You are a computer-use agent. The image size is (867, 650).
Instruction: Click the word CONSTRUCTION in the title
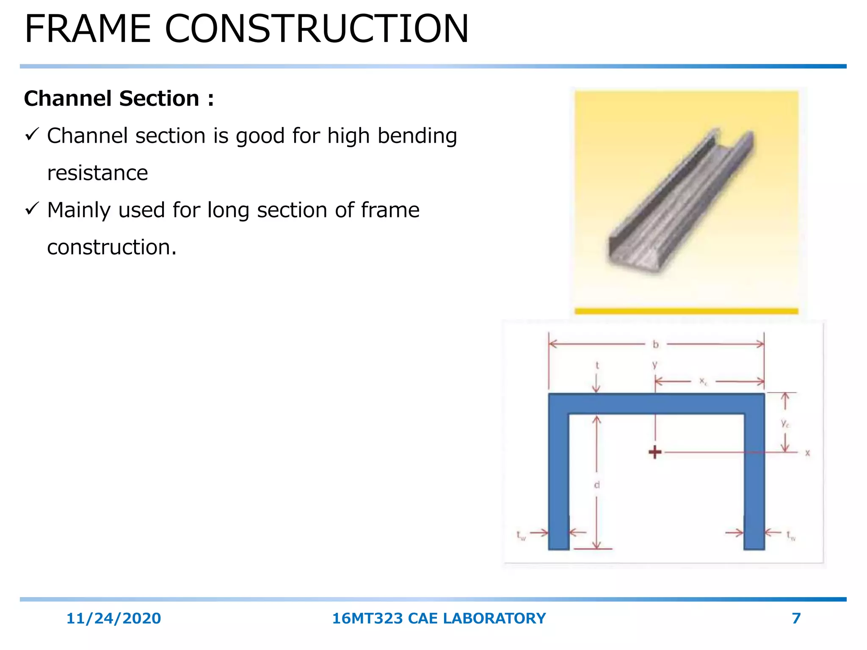(x=317, y=29)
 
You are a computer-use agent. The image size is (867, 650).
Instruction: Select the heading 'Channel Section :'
(x=119, y=99)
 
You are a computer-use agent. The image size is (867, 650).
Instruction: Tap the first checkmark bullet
(x=32, y=135)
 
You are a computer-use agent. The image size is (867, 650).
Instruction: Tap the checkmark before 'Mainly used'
(x=32, y=209)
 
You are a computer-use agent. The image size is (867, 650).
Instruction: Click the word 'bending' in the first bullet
(x=417, y=136)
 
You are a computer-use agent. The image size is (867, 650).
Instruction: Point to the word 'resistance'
(x=97, y=173)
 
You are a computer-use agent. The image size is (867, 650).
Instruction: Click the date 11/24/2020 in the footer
(x=113, y=619)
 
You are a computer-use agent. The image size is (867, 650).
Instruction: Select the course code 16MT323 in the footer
(x=367, y=619)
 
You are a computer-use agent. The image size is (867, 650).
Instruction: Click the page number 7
(x=796, y=619)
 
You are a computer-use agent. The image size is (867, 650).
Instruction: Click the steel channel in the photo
(x=677, y=203)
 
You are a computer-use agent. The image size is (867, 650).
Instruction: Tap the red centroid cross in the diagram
(x=655, y=452)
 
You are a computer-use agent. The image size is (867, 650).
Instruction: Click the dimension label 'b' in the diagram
(x=656, y=344)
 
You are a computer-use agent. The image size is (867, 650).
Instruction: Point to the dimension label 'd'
(x=597, y=485)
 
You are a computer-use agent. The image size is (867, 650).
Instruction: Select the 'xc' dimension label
(x=703, y=381)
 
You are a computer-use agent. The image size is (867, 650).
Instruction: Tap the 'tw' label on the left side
(x=521, y=535)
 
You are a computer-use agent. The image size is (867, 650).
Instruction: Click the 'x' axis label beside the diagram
(x=807, y=453)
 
